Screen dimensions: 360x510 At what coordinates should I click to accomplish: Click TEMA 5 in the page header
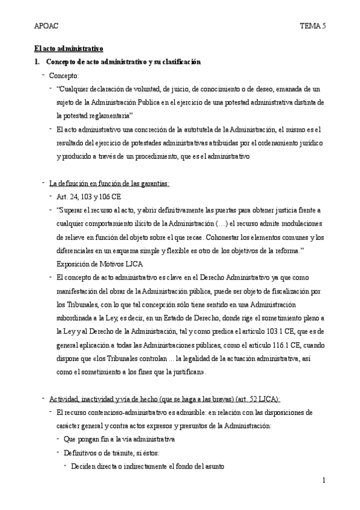coord(312,26)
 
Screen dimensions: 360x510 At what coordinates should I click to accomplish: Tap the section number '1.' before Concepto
coord(37,61)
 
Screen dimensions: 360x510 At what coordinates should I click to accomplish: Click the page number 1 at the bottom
coord(323,481)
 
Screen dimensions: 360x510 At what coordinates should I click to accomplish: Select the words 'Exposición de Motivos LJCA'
coord(100,263)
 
